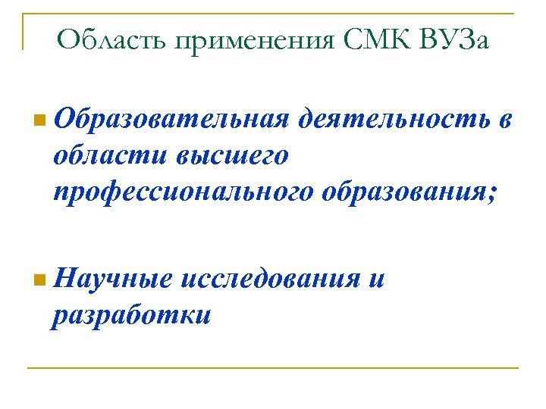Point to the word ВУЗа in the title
453,39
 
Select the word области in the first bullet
111,155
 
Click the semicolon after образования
495,193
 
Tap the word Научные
115,279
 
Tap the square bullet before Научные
39,279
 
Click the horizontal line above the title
273,14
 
